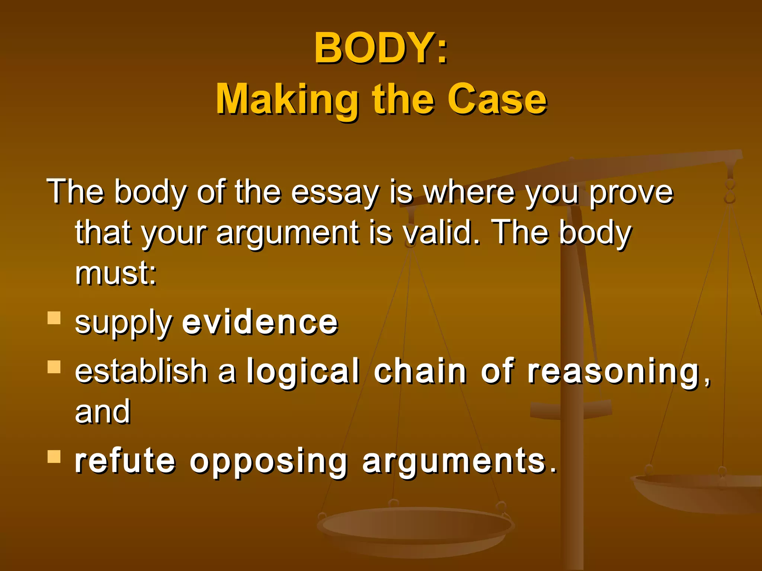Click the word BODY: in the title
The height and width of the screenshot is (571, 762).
point(381,48)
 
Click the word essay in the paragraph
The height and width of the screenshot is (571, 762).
point(334,193)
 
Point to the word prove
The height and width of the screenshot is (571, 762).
point(631,193)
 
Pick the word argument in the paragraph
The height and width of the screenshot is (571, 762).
point(288,233)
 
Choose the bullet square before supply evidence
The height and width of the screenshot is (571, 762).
point(54,318)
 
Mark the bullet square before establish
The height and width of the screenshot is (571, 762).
point(54,367)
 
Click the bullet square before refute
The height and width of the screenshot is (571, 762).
point(54,456)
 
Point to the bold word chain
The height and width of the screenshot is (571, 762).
point(420,371)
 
